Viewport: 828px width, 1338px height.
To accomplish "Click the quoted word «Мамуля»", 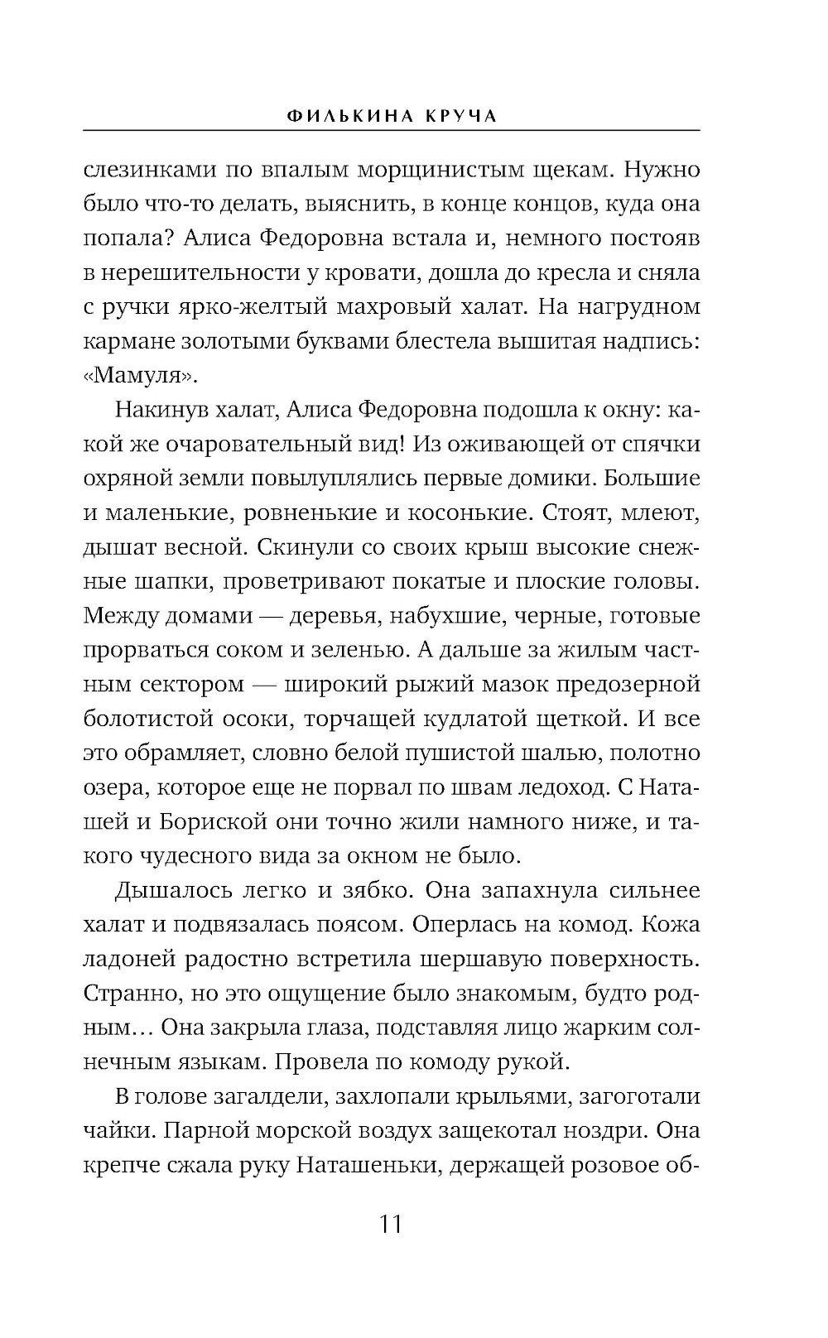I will pos(142,375).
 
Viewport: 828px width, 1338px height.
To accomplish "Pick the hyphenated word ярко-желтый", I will pos(246,307).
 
